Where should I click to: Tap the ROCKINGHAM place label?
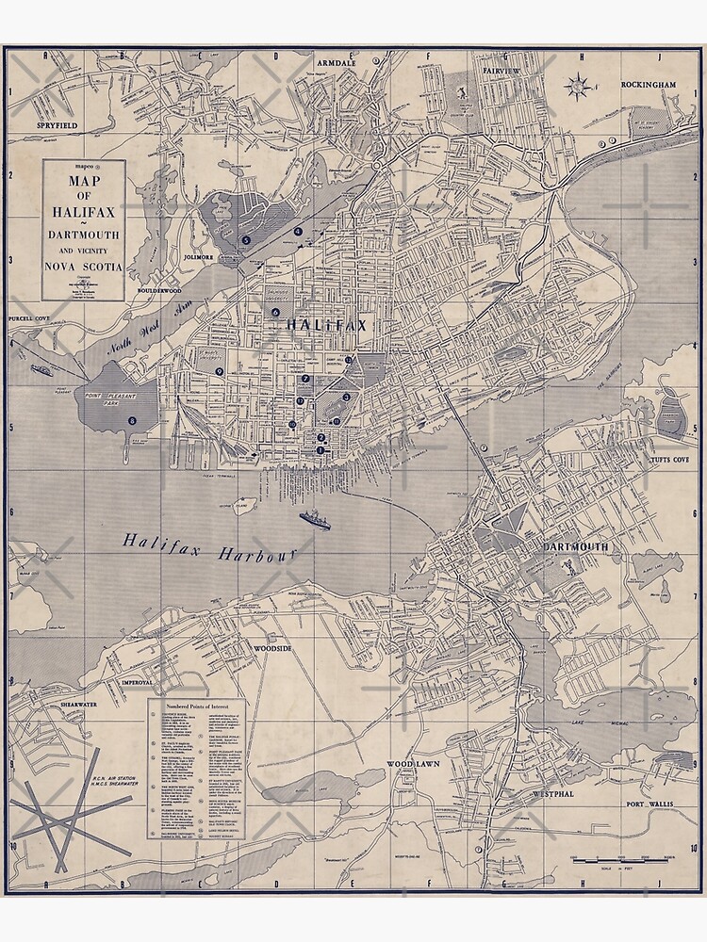649,85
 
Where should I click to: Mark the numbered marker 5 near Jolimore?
246,240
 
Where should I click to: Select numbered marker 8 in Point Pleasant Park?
132,419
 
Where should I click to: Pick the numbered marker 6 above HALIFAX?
276,312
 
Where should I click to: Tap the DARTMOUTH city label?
576,546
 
